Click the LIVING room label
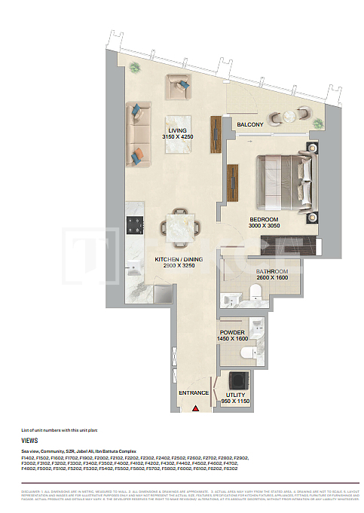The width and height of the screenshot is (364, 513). [x=177, y=129]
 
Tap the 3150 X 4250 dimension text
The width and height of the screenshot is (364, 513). [x=177, y=136]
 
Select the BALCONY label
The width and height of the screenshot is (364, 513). [x=249, y=124]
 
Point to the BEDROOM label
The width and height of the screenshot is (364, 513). [x=265, y=219]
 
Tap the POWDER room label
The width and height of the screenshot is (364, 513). [x=232, y=332]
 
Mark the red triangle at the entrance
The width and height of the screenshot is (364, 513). [x=195, y=408]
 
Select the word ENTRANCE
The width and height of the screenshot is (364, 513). [x=194, y=393]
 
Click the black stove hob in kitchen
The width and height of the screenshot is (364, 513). [x=136, y=224]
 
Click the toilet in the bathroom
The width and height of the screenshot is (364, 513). [x=255, y=299]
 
